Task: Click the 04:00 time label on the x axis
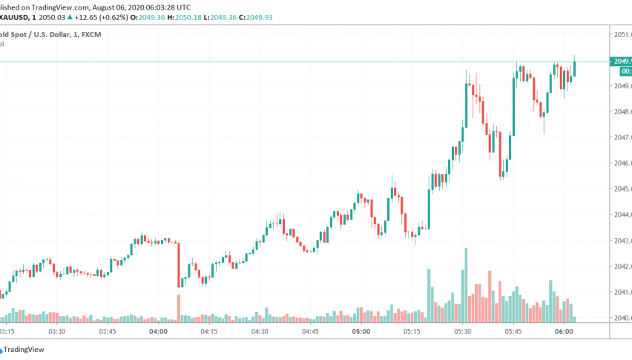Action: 158,331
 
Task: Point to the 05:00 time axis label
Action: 361,331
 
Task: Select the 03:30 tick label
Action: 56,331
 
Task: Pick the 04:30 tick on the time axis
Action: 260,331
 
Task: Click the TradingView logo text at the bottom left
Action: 24,350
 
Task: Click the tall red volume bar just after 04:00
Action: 178,309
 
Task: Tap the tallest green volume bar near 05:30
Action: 466,285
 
